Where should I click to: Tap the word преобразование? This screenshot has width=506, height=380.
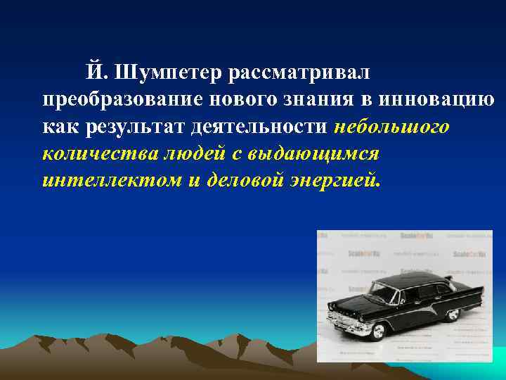point(114,99)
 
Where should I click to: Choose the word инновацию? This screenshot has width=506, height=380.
point(433,99)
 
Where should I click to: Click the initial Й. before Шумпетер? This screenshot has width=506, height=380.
point(96,72)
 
